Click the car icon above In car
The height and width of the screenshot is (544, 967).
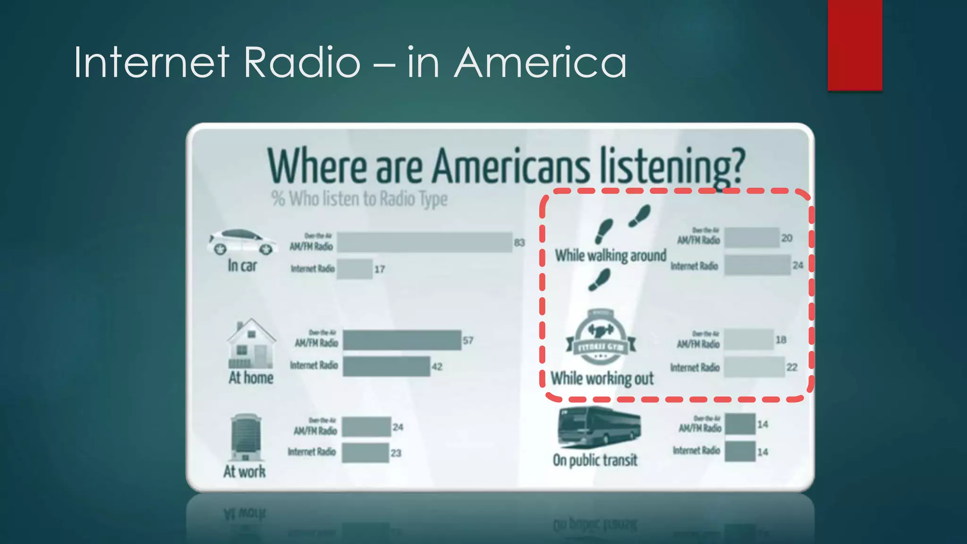pos(242,242)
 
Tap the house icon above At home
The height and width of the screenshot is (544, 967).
pos(251,344)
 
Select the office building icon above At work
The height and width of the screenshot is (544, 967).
pos(246,437)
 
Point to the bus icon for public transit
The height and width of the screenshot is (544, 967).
pos(599,427)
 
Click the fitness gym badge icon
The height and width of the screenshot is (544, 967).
pos(601,337)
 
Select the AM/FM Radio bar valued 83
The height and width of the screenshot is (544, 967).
pos(424,242)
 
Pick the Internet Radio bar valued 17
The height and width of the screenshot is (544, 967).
pos(354,269)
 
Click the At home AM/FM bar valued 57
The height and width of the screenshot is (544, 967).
pos(402,340)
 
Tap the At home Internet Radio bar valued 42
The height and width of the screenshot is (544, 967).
pos(386,366)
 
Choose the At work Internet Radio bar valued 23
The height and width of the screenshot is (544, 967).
pos(365,453)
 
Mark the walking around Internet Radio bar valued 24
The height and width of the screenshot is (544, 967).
pos(757,265)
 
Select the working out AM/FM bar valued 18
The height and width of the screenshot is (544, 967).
pos(749,340)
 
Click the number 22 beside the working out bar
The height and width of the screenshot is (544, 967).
pos(792,367)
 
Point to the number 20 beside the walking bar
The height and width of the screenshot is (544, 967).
pos(787,238)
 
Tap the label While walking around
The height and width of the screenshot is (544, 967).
pos(611,255)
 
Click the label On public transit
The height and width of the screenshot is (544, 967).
pos(595,460)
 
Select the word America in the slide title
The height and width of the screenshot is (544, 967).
pos(540,63)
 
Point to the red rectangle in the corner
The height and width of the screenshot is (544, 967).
pos(855,45)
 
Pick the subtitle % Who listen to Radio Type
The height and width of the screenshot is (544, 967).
pos(359,199)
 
